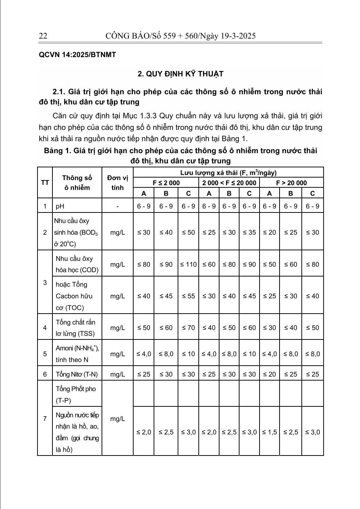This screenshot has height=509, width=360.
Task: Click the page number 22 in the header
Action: [x=43, y=36]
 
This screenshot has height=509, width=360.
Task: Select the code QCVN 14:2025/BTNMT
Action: [x=77, y=55]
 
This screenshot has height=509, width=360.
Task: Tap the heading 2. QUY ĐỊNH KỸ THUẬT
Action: [x=180, y=74]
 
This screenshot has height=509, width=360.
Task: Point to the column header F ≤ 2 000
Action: [x=166, y=183]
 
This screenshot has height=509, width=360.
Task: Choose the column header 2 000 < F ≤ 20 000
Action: [x=229, y=183]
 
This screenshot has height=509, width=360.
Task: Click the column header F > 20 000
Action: [x=291, y=183]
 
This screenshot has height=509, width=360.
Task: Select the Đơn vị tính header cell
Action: [x=117, y=183]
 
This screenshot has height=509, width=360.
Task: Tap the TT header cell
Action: [x=45, y=183]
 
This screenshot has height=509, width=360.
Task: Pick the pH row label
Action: [x=60, y=206]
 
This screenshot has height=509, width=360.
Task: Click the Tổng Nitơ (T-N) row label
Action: [x=77, y=374]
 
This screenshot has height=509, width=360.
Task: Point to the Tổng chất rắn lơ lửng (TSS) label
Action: [x=75, y=327]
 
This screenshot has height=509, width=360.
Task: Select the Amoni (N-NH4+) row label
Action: [x=77, y=354]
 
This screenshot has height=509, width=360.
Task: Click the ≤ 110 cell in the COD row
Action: [x=189, y=264]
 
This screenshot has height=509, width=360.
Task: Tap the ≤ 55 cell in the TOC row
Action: [x=189, y=296]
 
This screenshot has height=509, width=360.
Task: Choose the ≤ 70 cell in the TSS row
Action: [x=189, y=327]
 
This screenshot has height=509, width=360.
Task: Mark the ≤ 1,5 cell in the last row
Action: [x=269, y=432]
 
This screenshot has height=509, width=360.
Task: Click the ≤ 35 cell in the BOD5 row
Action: [x=249, y=232]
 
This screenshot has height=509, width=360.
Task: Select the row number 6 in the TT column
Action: [x=45, y=374]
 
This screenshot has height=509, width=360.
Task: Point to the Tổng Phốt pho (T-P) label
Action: [x=76, y=394]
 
